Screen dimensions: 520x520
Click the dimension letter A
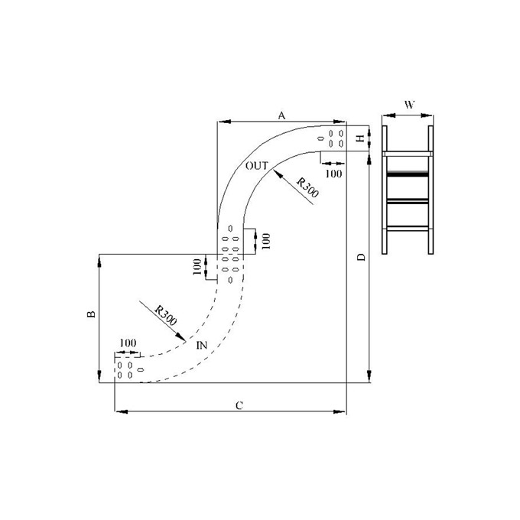pos(281,115)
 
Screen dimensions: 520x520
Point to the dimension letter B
pos(91,314)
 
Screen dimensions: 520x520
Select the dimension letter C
pos(239,405)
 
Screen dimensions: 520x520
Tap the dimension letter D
pos(362,256)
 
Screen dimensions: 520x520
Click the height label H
pos(359,138)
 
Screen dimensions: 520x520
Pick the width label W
pos(409,105)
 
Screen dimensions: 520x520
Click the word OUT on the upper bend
pos(257,165)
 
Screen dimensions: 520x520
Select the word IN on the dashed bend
pos(202,346)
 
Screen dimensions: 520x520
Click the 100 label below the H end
pos(333,174)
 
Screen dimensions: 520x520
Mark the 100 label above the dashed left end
pos(128,342)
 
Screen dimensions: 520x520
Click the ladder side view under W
pos(408,190)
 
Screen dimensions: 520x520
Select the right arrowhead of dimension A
pos(341,122)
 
